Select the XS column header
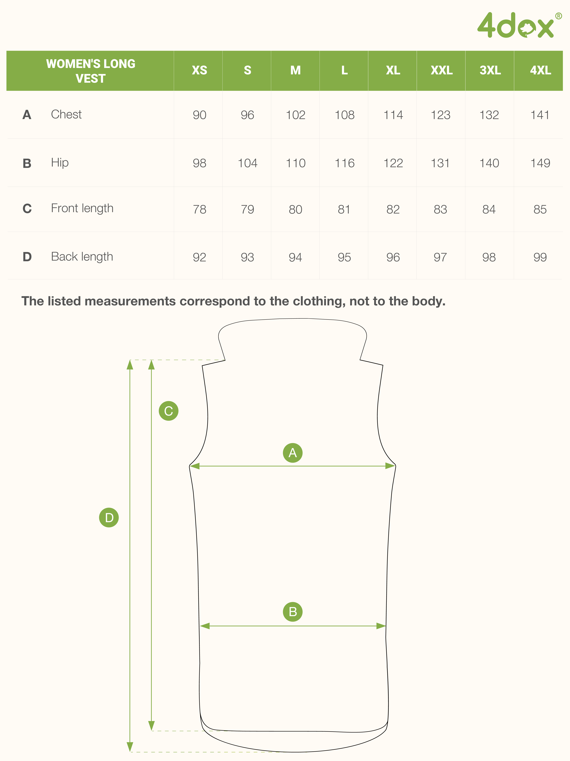click(199, 70)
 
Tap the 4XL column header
click(540, 70)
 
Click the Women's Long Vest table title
click(91, 71)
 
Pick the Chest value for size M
click(295, 115)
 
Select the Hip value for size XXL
click(440, 163)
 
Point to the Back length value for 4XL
click(540, 257)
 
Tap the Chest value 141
click(540, 115)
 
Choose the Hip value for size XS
click(199, 163)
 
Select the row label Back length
click(82, 257)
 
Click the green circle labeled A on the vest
click(293, 453)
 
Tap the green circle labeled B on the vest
click(293, 612)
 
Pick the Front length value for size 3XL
click(489, 209)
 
